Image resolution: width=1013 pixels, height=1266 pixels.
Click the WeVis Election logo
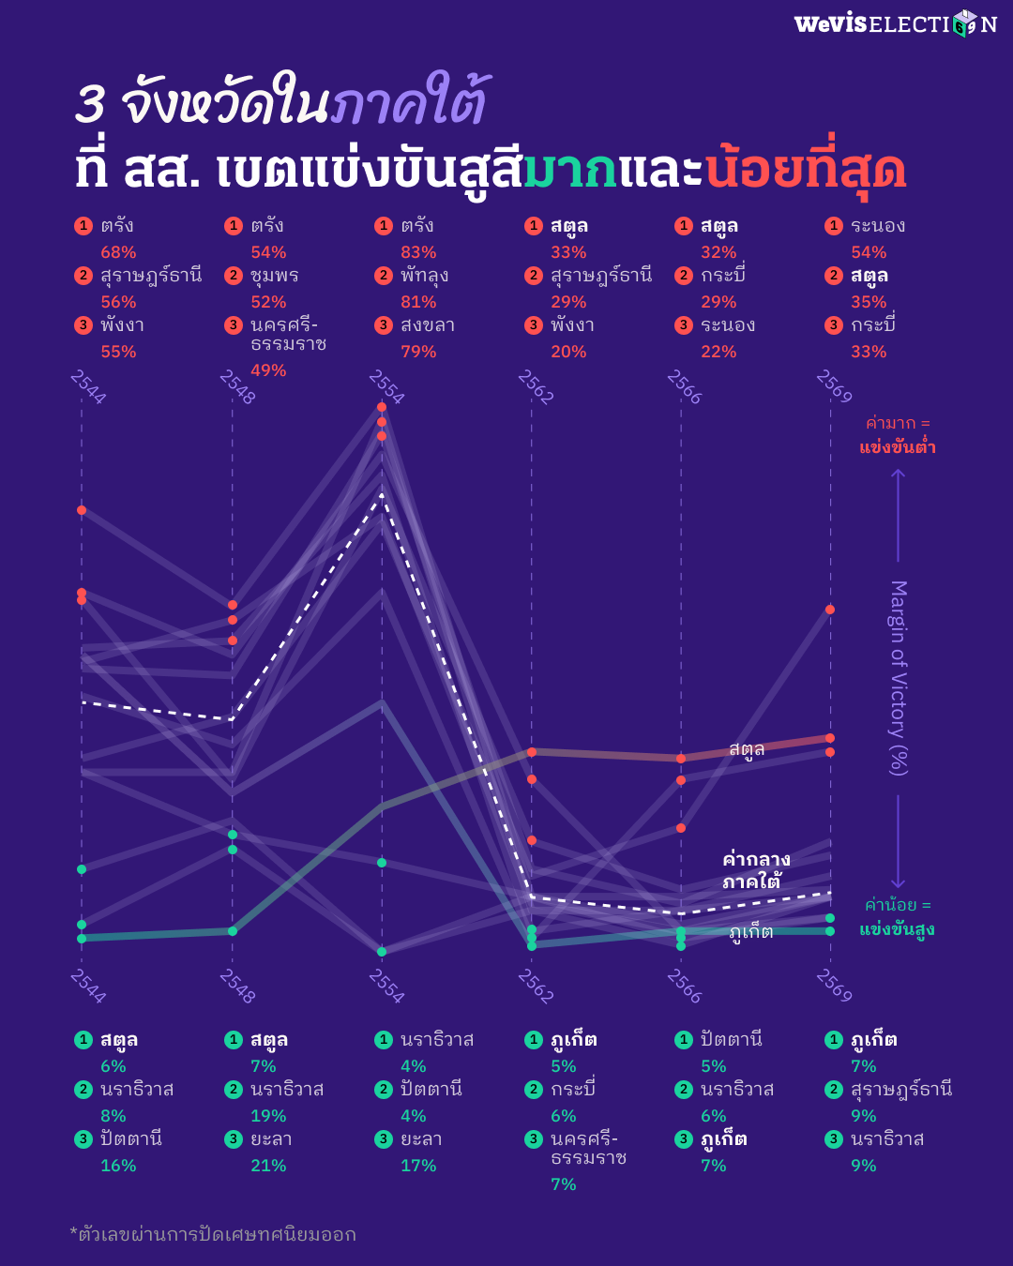coord(895,23)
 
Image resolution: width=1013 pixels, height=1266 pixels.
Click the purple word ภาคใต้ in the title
coord(410,103)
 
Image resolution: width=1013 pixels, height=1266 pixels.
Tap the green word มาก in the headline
coord(569,170)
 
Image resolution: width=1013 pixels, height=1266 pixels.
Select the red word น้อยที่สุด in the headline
coord(806,170)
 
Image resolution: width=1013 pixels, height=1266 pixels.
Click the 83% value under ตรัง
coord(418,252)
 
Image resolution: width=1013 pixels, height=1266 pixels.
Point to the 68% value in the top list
coord(118,252)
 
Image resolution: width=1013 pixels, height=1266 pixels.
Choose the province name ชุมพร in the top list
coord(274,276)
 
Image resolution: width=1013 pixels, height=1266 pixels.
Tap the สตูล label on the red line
coord(747,749)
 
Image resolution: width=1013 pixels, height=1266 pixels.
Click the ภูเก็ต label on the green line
coord(750,932)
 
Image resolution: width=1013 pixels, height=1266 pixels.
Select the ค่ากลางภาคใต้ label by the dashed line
coord(755,870)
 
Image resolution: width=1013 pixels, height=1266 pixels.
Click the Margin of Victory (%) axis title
coord(898,677)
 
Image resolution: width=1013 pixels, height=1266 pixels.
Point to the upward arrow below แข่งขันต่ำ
coord(898,515)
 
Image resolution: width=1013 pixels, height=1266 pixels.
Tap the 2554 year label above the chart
coord(386,386)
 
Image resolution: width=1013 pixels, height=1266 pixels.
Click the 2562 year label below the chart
coord(536,987)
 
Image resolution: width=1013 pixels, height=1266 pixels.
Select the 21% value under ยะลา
coord(268,1166)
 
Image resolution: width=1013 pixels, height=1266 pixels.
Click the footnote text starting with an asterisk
coord(213,1234)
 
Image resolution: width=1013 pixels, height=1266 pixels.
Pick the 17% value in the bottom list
coord(418,1166)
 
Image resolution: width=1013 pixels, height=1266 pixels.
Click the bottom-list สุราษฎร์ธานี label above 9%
coord(900,1090)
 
